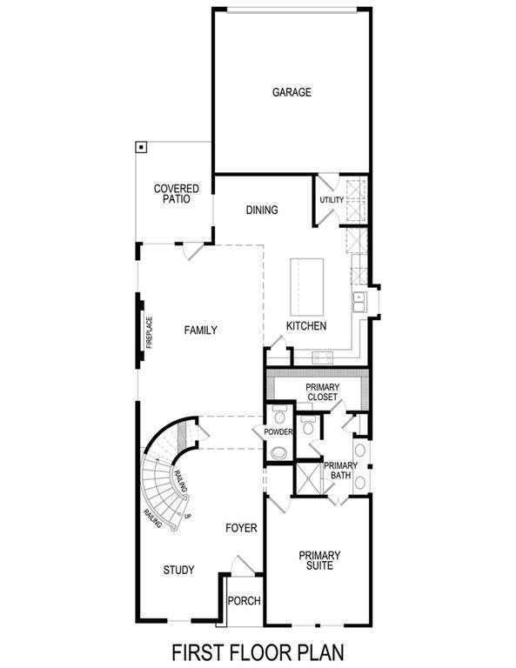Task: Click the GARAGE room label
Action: point(292,92)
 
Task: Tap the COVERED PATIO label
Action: point(177,194)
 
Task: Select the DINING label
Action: point(262,210)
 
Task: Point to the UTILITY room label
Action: point(332,199)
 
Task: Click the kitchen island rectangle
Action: point(307,286)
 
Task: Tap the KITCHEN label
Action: point(306,326)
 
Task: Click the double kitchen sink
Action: point(359,302)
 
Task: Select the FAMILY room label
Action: point(201,331)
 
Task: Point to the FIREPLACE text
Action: point(149,333)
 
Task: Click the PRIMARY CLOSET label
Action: point(323,392)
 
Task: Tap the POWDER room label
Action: point(278,432)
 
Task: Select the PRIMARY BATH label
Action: point(340,471)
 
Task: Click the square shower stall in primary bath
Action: point(310,479)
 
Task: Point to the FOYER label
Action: point(241,528)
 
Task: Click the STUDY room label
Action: point(179,570)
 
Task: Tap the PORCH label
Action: point(245,601)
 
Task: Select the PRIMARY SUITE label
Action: point(319,561)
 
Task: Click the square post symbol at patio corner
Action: point(141,147)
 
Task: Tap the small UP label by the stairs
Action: point(188,516)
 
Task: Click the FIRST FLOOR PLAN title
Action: point(258,652)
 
